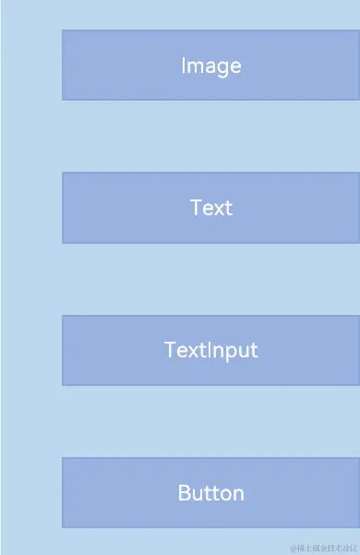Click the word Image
(210, 66)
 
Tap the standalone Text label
(210, 208)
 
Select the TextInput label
(210, 350)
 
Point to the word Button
(210, 493)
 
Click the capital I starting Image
(184, 66)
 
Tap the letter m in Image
(195, 66)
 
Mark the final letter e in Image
(235, 66)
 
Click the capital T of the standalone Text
(196, 208)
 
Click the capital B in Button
(184, 493)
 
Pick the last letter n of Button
(238, 494)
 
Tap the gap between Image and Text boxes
(210, 136)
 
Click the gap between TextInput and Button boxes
(210, 421)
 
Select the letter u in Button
(197, 494)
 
